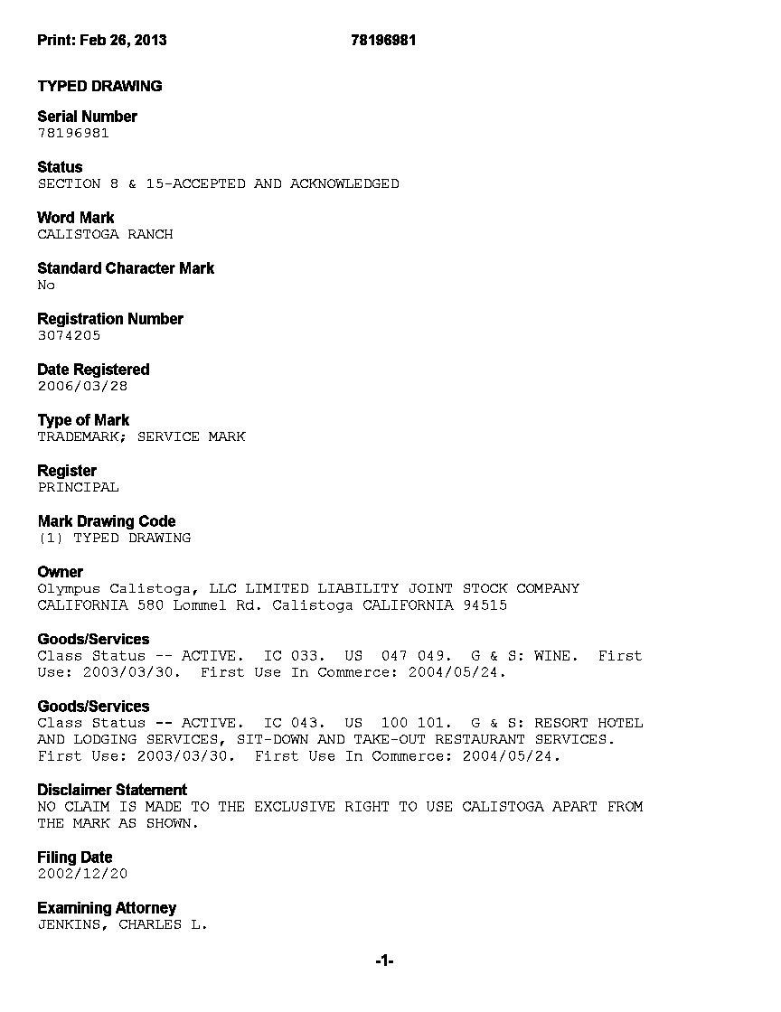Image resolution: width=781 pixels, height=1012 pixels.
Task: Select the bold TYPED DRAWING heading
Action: pyautogui.click(x=99, y=86)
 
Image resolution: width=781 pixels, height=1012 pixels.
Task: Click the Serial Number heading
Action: pyautogui.click(x=87, y=117)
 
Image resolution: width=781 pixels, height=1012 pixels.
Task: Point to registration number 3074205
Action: pyautogui.click(x=69, y=335)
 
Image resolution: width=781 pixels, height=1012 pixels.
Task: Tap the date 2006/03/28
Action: pyautogui.click(x=82, y=386)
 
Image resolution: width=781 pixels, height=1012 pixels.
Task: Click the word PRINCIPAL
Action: pyautogui.click(x=78, y=487)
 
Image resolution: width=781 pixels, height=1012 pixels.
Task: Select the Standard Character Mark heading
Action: pyautogui.click(x=126, y=268)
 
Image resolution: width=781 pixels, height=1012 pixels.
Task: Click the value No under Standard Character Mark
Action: pyautogui.click(x=46, y=285)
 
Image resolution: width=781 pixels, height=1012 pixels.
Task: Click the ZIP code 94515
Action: pyautogui.click(x=485, y=605)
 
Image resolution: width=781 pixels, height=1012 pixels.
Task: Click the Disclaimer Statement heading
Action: pyautogui.click(x=112, y=790)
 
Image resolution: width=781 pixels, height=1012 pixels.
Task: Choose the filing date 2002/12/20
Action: pyautogui.click(x=82, y=874)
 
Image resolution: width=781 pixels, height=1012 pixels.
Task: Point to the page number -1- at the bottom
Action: pyautogui.click(x=384, y=961)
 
